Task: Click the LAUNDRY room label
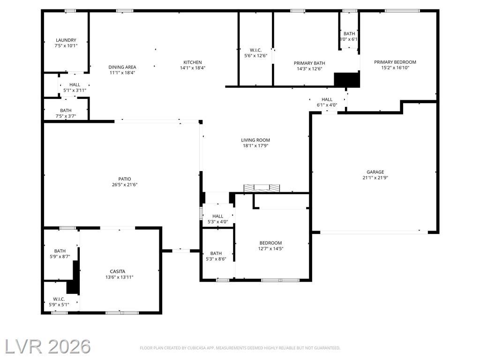[x=66, y=40]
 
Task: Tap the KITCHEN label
[x=193, y=62]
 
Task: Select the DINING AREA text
[x=122, y=67]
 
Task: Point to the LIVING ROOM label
[x=255, y=140]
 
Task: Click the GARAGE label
[x=375, y=172]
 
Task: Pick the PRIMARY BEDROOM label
[x=395, y=62]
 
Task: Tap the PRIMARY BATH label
[x=309, y=63]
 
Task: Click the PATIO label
[x=125, y=179]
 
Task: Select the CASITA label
[x=118, y=271]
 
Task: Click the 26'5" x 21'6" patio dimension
[x=125, y=185]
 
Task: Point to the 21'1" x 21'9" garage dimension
[x=375, y=178]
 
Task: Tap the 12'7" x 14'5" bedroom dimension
[x=270, y=248]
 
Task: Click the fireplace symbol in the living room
[x=262, y=188]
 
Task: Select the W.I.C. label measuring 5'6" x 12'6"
[x=255, y=50]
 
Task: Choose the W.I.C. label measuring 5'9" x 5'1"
[x=59, y=299]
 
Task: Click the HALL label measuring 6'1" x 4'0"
[x=327, y=99]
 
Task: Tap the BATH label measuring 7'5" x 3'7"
[x=66, y=110]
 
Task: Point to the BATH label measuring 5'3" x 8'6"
[x=216, y=253]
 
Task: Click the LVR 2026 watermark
[x=48, y=346]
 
